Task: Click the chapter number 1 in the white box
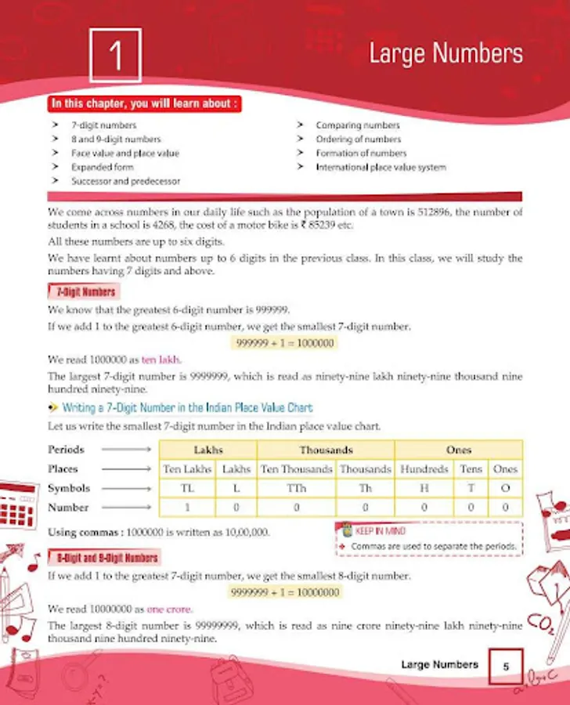[116, 55]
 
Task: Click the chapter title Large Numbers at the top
[446, 54]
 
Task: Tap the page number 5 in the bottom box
[506, 666]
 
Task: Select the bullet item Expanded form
[102, 167]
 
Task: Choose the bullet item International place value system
[381, 167]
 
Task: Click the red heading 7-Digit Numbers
[87, 292]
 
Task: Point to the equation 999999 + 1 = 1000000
[285, 343]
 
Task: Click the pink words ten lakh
[161, 360]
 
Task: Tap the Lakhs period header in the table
[207, 450]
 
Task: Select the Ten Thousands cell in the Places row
[297, 468]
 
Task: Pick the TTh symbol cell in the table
[297, 487]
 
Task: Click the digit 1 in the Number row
[186, 507]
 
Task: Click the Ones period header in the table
[458, 450]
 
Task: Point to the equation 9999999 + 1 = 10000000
[285, 592]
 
